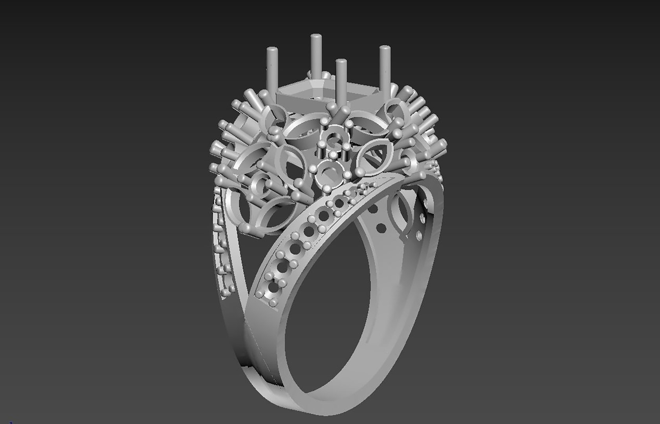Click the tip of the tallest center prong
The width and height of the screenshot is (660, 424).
point(315,37)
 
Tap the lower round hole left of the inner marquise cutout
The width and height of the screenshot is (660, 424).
point(381,227)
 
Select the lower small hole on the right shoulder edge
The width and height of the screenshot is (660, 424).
point(419,235)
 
